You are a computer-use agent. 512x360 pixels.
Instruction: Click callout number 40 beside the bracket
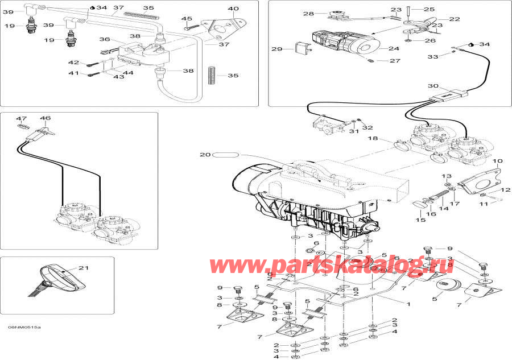[x=234, y=9]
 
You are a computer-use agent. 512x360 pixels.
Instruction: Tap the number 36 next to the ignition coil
[x=105, y=39]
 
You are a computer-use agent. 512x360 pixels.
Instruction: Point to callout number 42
[x=74, y=62]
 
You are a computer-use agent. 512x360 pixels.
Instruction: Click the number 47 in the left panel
[x=22, y=118]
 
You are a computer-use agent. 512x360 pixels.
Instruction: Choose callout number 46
[x=45, y=118]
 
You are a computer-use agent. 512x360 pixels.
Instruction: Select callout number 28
[x=308, y=14]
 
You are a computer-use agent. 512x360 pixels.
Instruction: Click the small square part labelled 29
[x=301, y=48]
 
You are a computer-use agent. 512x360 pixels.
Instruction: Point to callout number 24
[x=393, y=49]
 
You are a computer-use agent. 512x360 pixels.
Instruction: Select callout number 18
[x=372, y=138]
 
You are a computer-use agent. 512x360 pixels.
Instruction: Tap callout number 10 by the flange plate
[x=497, y=161]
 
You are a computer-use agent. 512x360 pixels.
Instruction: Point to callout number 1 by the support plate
[x=407, y=304]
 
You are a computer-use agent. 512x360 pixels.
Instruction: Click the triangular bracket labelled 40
[x=221, y=28]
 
